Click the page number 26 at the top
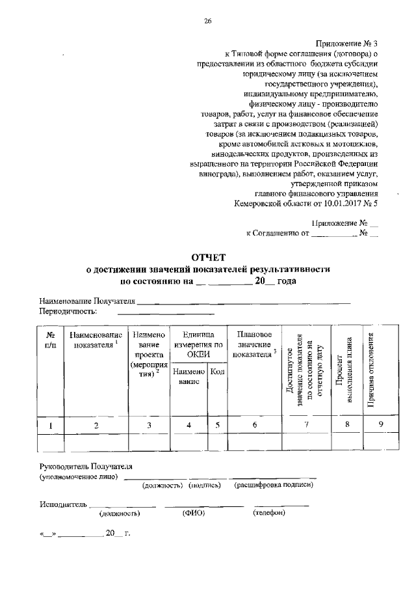207,21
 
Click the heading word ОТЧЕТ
207,258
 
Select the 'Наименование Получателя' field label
87,302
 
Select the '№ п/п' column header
51,339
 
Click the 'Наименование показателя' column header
96,339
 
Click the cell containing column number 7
306,425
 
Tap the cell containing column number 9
382,425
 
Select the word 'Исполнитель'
62,504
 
